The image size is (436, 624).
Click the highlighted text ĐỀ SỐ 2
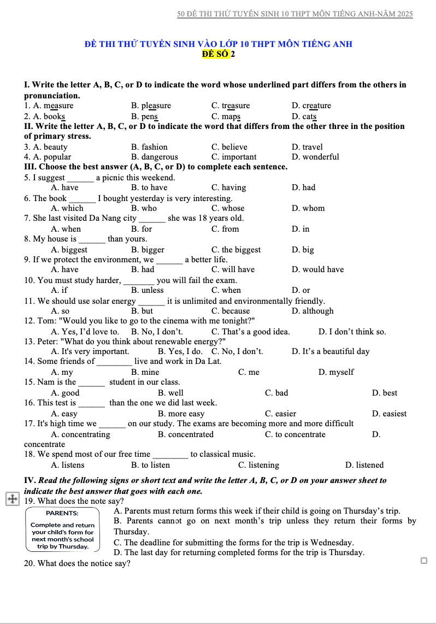219,54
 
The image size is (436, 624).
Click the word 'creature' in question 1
316,105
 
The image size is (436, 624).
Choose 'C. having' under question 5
228,187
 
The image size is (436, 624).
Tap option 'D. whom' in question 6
308,208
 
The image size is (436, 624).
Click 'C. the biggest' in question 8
236,250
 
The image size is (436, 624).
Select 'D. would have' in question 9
317,269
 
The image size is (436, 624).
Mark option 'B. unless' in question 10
148,290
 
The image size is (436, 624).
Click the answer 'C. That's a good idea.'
250,332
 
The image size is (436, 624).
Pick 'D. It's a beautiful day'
331,351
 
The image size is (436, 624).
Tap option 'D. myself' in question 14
335,372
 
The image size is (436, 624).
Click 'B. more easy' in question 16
181,414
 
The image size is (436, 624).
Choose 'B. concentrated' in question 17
186,434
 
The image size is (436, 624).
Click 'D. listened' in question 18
364,465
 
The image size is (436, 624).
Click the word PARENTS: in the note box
62,513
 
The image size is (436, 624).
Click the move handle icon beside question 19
11,499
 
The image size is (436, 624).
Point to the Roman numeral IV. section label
30,480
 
